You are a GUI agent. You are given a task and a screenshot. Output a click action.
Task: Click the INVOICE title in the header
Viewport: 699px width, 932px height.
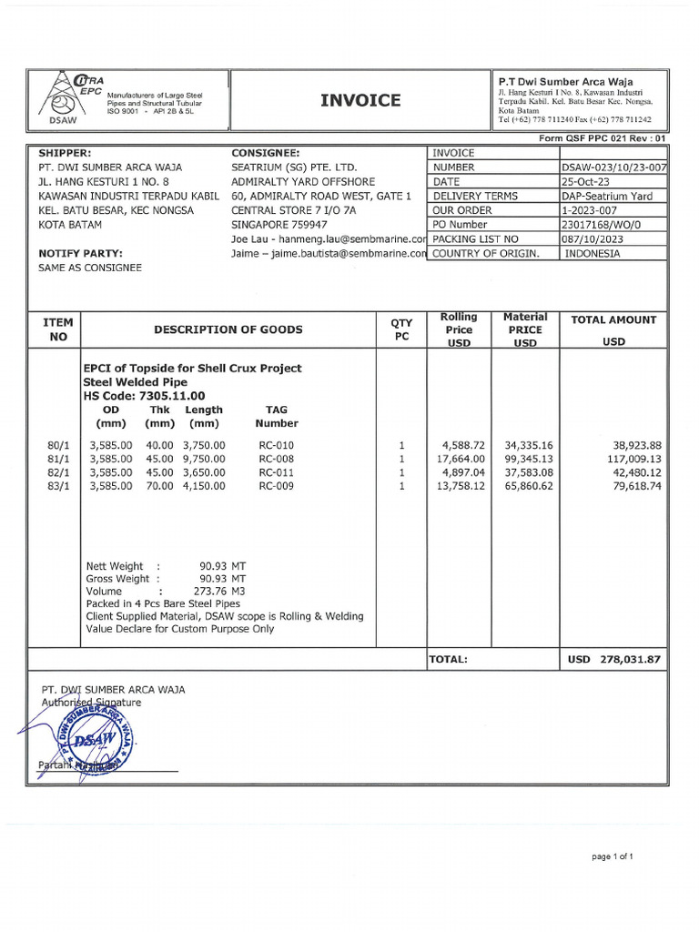pos(360,100)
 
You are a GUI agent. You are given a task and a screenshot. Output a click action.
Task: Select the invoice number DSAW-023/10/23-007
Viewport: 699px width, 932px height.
pos(613,168)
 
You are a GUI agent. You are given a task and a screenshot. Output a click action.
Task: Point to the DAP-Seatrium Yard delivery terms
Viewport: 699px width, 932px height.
pos(608,197)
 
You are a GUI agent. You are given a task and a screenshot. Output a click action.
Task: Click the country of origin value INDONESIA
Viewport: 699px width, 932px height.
pos(593,254)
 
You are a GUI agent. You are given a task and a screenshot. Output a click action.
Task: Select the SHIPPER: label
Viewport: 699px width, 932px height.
pos(65,154)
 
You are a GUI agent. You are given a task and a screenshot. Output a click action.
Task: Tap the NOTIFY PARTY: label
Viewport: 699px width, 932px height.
pos(80,253)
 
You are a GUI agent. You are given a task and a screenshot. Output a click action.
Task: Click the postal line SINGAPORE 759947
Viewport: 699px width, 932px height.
pos(279,225)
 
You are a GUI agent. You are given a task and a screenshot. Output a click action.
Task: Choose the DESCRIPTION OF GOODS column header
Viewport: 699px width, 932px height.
pos(228,329)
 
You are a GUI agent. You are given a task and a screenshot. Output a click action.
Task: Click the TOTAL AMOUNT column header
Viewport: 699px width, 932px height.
pos(613,320)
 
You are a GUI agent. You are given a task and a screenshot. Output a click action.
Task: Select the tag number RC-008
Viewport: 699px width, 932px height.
pos(277,460)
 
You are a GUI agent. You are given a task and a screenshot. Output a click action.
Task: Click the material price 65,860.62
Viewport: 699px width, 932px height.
pos(527,487)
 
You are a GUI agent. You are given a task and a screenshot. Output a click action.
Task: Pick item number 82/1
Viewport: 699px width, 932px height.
pos(57,473)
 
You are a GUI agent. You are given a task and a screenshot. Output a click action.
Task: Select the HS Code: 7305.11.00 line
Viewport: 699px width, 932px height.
pos(144,396)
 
